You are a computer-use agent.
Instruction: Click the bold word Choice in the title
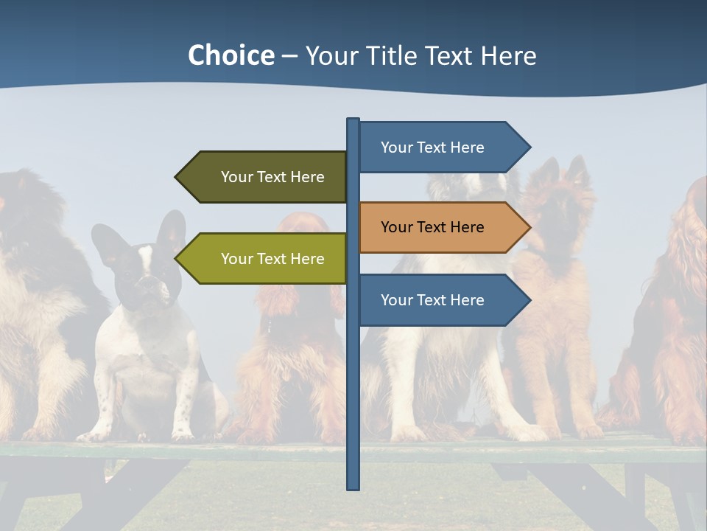click(x=231, y=55)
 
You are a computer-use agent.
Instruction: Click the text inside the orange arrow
click(x=432, y=227)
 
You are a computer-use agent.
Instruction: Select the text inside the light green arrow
click(x=272, y=259)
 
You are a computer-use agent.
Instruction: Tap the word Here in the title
click(x=508, y=56)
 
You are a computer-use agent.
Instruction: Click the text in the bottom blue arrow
click(x=432, y=300)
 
